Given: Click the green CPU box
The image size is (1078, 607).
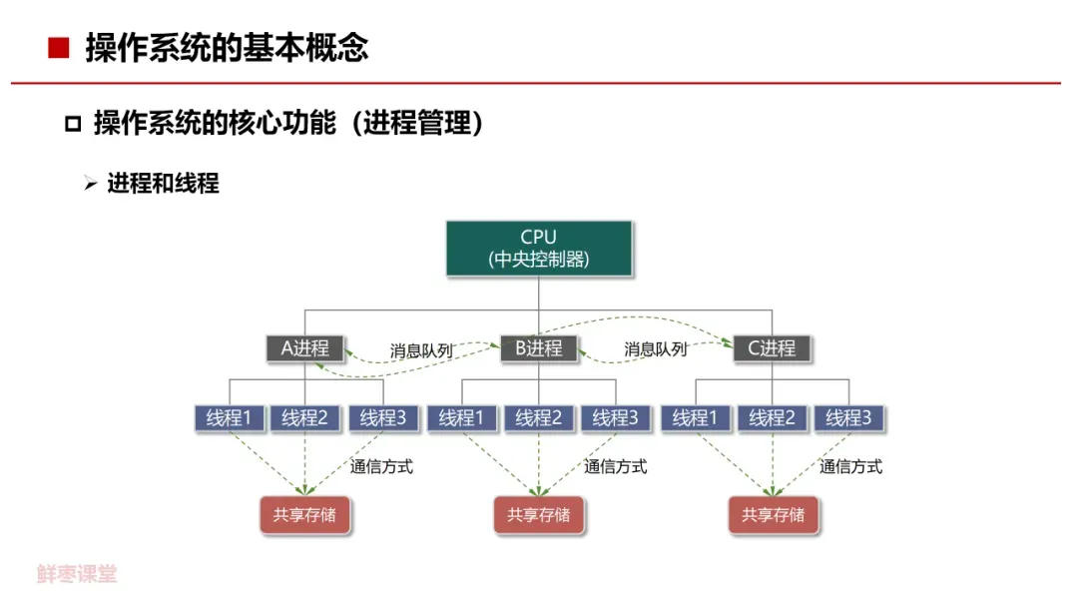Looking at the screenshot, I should point(539,248).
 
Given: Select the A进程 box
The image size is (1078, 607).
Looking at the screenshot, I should point(305,348).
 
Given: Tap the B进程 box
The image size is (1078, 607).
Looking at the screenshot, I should point(539,348).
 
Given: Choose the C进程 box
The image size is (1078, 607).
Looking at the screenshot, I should point(773,348).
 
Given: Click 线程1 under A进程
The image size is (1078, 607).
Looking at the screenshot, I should point(230,418).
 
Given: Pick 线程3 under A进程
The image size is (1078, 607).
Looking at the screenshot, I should point(383,418).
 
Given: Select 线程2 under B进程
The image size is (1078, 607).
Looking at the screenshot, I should point(539,418).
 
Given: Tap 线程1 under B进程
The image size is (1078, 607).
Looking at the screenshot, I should point(463,418).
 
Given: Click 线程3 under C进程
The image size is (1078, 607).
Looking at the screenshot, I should point(848,418).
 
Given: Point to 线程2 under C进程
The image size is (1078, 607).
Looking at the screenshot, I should point(773,418).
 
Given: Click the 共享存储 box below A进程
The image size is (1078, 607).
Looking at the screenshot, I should point(305,515).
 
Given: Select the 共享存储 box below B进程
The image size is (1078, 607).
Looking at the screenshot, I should point(539,515).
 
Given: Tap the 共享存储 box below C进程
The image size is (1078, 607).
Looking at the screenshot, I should point(773,515).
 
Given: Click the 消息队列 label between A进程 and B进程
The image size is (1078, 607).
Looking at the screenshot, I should point(421,351).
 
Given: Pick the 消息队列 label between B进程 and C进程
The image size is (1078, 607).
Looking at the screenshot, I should point(656,350).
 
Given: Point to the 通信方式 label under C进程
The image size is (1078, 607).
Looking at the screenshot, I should point(851,466).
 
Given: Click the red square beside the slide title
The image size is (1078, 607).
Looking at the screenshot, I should point(59,48).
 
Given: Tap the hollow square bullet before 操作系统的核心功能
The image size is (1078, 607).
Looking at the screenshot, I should point(72,125).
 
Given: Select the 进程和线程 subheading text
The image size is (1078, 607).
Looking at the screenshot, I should point(163,184).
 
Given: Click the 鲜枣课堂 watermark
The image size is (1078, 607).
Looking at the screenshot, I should point(77,574).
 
